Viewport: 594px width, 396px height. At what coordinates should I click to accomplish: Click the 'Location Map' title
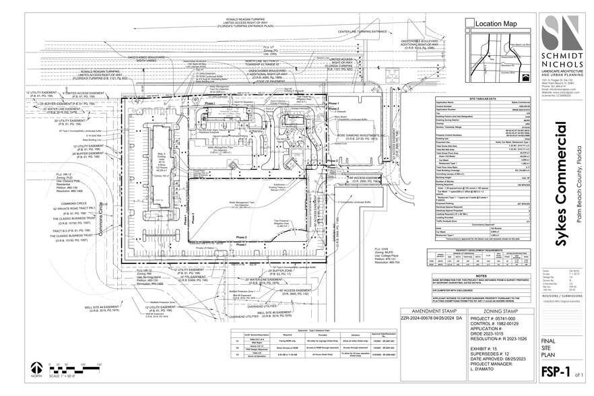pos(496,24)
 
